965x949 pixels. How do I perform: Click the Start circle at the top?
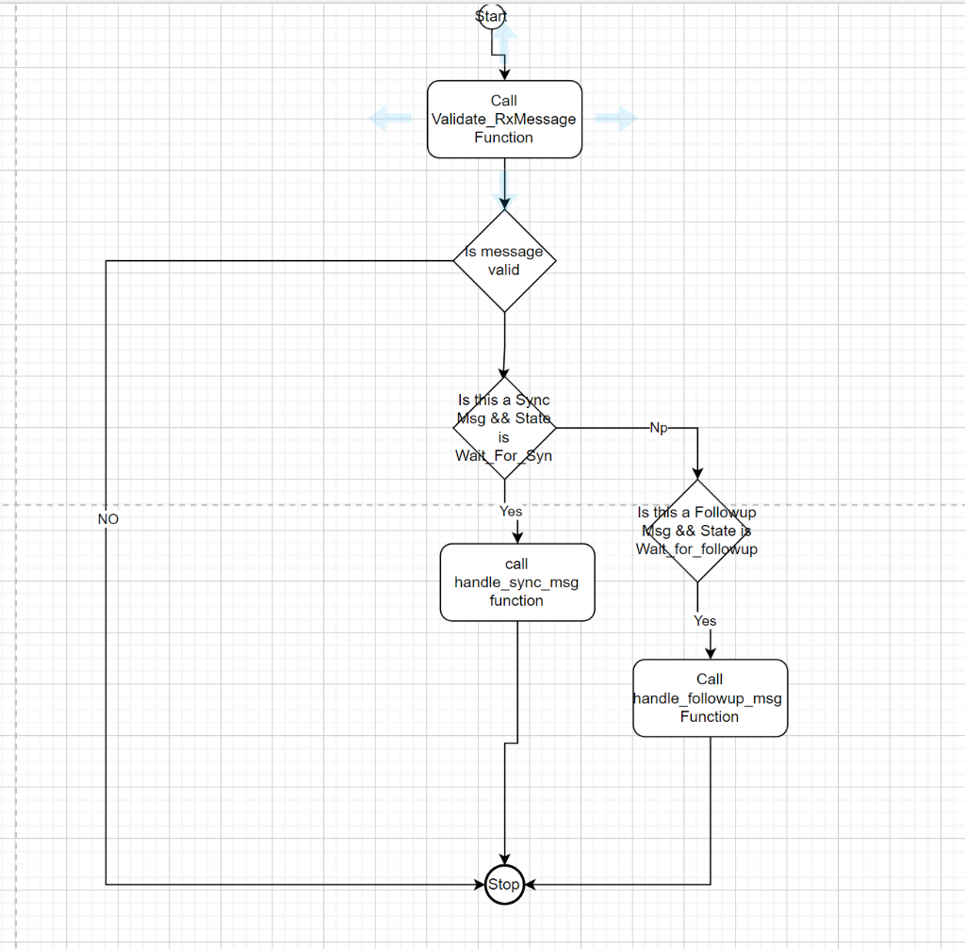tap(491, 16)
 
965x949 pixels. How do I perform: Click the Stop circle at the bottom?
tap(503, 884)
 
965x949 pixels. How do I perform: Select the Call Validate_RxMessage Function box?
tap(504, 119)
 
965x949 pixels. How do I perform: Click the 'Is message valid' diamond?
tap(504, 260)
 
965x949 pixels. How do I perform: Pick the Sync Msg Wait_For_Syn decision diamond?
tap(504, 428)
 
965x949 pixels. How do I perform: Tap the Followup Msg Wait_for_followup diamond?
tap(697, 531)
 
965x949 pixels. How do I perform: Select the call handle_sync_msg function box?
tap(516, 582)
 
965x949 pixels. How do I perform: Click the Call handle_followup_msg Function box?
tap(710, 697)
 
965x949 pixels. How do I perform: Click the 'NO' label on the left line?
tap(107, 519)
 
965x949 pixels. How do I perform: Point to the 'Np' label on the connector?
tap(659, 428)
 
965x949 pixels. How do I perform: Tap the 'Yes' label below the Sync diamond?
tap(510, 512)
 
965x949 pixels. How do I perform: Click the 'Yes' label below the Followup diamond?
tap(705, 621)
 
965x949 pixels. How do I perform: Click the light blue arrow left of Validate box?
tap(390, 118)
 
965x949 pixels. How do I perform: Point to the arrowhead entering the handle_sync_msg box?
tap(516, 536)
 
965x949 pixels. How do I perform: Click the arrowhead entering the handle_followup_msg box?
tap(710, 652)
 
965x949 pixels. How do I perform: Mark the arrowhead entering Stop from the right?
tap(530, 884)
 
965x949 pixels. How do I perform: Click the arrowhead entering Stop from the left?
tap(478, 884)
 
